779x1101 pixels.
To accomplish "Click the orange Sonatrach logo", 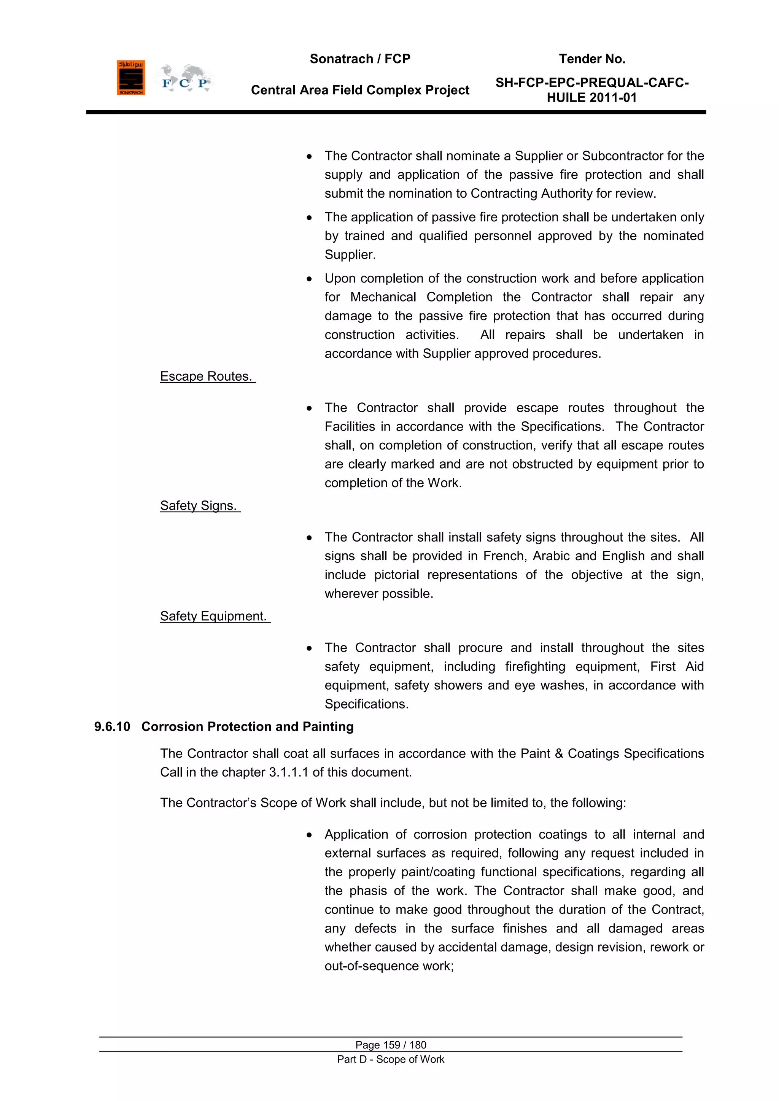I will pyautogui.click(x=130, y=78).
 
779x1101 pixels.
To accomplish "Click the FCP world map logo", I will pyautogui.click(x=184, y=78).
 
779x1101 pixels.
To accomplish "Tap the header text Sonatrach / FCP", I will pyautogui.click(x=360, y=59).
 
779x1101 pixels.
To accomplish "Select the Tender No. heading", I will pyautogui.click(x=592, y=59).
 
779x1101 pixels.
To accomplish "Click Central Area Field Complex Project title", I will pyautogui.click(x=360, y=90).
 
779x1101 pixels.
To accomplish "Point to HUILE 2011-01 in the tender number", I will pyautogui.click(x=591, y=98).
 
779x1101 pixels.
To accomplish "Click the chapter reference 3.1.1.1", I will pyautogui.click(x=288, y=772).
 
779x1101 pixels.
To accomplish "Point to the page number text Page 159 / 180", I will pyautogui.click(x=391, y=1044).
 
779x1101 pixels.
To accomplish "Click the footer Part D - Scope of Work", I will pyautogui.click(x=391, y=1059).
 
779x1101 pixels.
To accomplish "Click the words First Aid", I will pyautogui.click(x=677, y=667).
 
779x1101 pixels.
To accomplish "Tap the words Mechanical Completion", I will pyautogui.click(x=421, y=297).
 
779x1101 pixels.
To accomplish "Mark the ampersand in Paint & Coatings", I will pyautogui.click(x=559, y=754).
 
